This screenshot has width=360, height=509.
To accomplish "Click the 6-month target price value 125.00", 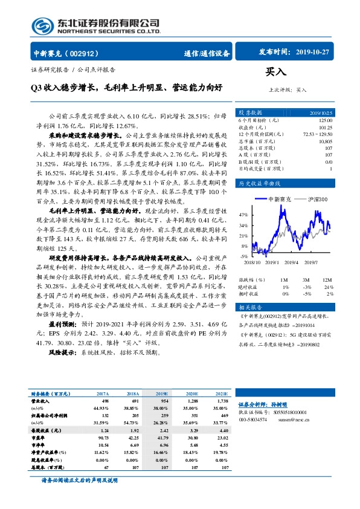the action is (x=324, y=121).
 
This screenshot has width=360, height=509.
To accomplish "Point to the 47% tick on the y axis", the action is (x=243, y=215).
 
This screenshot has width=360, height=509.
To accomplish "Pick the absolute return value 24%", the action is (x=329, y=287).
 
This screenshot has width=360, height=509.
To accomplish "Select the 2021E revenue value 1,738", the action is (x=222, y=401).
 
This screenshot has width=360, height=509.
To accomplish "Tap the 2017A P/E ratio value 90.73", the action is (x=101, y=437).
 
